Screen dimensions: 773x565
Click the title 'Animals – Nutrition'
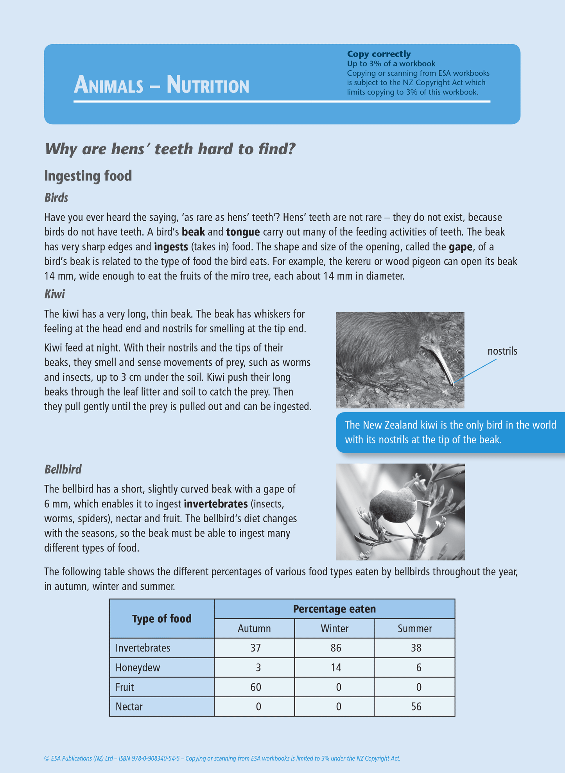click(x=161, y=85)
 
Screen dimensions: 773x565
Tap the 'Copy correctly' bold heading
click(x=378, y=54)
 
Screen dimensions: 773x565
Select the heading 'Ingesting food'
click(x=88, y=176)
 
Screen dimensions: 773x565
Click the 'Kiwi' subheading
click(x=54, y=294)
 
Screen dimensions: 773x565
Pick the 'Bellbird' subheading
click(x=63, y=469)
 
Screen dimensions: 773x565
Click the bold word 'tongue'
click(x=243, y=232)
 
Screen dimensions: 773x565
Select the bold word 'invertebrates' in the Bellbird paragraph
click(x=215, y=504)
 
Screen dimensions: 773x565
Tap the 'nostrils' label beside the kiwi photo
click(x=502, y=351)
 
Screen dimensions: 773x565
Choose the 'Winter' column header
click(x=334, y=628)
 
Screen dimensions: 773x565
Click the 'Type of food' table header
click(x=161, y=619)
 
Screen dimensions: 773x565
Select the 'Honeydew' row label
click(x=138, y=668)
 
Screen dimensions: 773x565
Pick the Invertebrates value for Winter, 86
click(x=335, y=648)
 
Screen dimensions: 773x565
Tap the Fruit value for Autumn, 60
click(x=256, y=687)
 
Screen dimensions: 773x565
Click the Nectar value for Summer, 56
click(x=416, y=707)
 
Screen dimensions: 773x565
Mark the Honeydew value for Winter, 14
click(x=335, y=668)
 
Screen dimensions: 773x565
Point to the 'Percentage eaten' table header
click(x=334, y=609)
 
